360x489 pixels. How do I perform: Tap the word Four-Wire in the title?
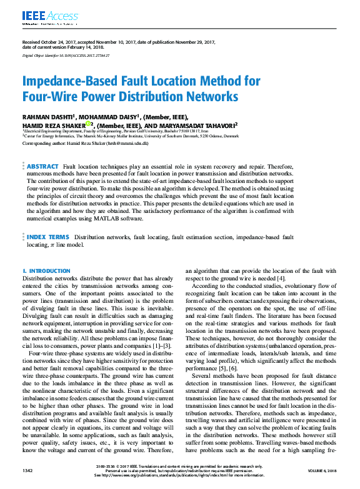click(x=48, y=97)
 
